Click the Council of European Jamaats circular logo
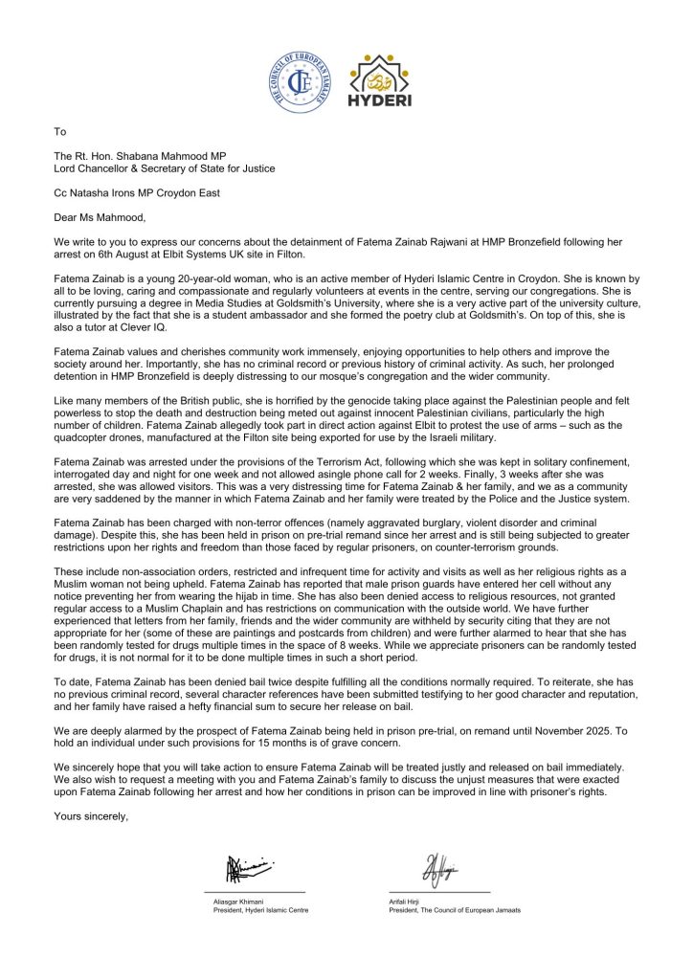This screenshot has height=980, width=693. (x=302, y=81)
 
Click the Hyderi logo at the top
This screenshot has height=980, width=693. (x=382, y=81)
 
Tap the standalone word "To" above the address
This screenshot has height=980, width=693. (x=60, y=132)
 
